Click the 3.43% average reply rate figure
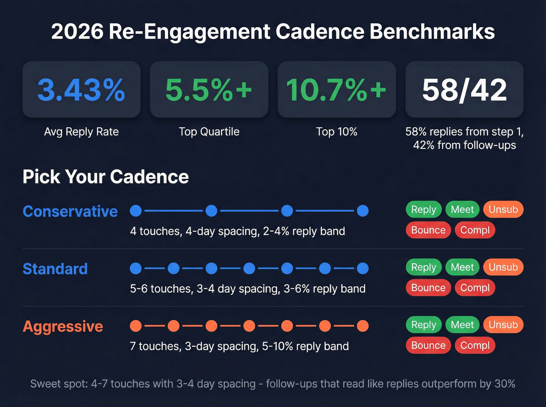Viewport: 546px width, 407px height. pyautogui.click(x=81, y=90)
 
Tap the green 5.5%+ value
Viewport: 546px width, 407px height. pyautogui.click(x=209, y=90)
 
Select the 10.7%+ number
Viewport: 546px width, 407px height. pyautogui.click(x=336, y=90)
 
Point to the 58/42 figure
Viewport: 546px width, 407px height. pyautogui.click(x=464, y=90)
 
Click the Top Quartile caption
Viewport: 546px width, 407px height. pyautogui.click(x=209, y=132)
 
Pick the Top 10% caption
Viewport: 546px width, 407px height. pyautogui.click(x=337, y=132)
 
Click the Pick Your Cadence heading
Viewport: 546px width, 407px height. pyautogui.click(x=106, y=177)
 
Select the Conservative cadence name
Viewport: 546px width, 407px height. pyautogui.click(x=70, y=211)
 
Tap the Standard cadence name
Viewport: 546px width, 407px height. pyautogui.click(x=55, y=269)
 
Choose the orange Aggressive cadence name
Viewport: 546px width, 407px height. pyautogui.click(x=63, y=326)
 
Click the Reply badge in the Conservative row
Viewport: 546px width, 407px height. pyautogui.click(x=424, y=210)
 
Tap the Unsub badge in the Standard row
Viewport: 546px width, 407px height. pyautogui.click(x=503, y=267)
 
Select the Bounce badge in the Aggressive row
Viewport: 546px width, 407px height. pyautogui.click(x=428, y=345)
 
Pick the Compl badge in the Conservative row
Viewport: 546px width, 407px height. pyautogui.click(x=475, y=230)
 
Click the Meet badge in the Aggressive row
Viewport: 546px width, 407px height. pyautogui.click(x=462, y=325)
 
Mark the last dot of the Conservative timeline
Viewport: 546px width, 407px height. pyautogui.click(x=363, y=211)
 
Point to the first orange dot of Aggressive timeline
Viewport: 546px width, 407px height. pyautogui.click(x=136, y=326)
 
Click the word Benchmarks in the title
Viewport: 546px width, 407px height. pyautogui.click(x=432, y=32)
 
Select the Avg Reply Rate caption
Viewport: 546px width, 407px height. pyautogui.click(x=81, y=132)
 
